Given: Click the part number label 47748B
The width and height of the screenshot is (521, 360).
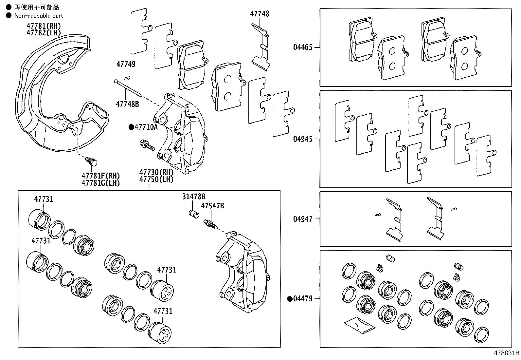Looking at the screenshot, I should click(127, 104).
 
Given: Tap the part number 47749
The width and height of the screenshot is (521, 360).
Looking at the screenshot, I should click(126, 64).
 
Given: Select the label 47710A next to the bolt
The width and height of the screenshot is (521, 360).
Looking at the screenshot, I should click(146, 127).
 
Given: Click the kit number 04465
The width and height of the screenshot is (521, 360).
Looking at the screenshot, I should click(303, 47).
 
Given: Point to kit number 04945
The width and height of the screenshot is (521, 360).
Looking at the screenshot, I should click(303, 139).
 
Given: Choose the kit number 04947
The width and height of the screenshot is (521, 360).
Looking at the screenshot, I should click(303, 219).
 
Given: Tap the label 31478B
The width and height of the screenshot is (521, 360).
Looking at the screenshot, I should click(194, 197).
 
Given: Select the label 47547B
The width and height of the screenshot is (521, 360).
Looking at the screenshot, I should click(212, 206).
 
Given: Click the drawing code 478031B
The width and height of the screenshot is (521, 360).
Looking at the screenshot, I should click(506, 353).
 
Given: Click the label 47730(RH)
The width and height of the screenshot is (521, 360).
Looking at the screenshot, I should click(156, 172).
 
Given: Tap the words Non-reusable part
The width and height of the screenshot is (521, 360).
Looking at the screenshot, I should click(39, 16).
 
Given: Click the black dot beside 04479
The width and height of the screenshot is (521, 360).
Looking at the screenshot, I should click(290, 299).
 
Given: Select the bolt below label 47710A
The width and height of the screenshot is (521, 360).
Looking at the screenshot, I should click(147, 145).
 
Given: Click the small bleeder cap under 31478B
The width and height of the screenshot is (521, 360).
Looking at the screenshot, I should click(194, 214).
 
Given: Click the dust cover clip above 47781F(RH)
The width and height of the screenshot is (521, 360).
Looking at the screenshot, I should click(92, 161).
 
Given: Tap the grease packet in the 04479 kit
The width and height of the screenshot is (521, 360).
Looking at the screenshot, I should click(358, 324).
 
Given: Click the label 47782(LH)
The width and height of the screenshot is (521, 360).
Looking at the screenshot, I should click(44, 32).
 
